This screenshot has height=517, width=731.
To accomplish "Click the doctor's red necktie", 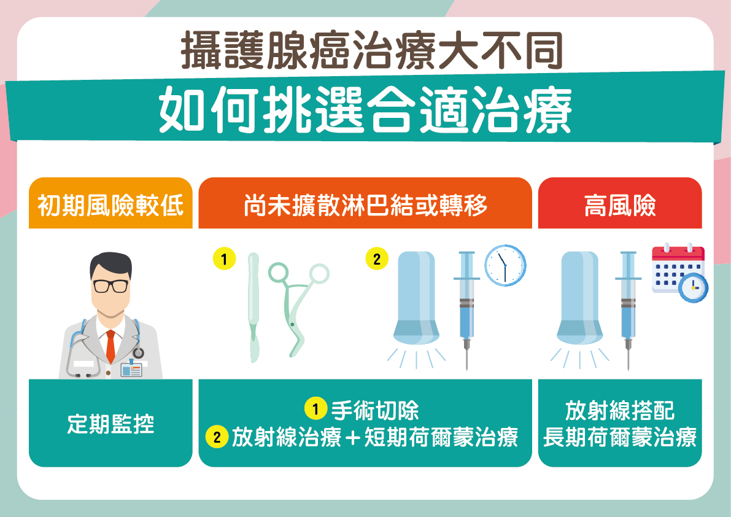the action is (x=110, y=346).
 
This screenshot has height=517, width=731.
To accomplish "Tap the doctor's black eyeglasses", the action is (x=110, y=286).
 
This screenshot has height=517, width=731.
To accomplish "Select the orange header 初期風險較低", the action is (x=110, y=203).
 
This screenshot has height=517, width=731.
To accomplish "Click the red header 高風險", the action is (x=619, y=203).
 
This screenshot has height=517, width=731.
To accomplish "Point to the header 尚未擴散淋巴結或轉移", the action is (x=365, y=203).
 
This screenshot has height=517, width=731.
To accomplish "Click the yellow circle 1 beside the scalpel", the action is (x=224, y=258).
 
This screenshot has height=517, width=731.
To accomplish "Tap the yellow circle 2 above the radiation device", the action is (x=377, y=258).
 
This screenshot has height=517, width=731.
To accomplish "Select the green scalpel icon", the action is (x=253, y=308).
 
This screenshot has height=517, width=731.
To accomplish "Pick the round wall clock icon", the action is (x=505, y=265).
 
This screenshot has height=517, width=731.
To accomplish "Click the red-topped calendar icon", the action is (x=678, y=269).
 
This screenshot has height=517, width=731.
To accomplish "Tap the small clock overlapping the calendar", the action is (x=693, y=287).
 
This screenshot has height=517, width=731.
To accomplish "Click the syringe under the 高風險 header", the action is (x=628, y=310).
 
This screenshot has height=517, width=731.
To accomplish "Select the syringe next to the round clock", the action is (x=466, y=310).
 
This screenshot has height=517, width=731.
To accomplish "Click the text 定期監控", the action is (x=110, y=424).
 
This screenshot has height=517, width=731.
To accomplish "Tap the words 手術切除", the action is (x=375, y=410).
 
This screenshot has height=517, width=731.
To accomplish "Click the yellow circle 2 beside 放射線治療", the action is (x=217, y=437).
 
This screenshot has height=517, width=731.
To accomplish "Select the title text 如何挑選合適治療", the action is (x=365, y=110).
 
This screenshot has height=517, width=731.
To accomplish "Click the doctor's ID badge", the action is (x=131, y=370).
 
